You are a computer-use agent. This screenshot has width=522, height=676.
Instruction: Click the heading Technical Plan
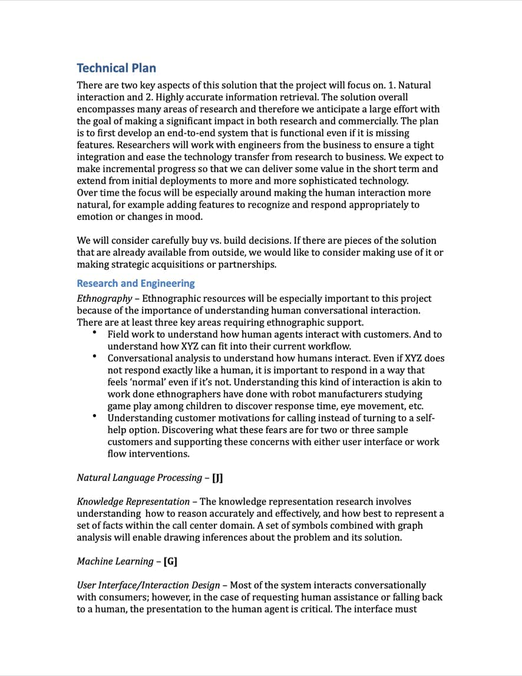[x=116, y=68]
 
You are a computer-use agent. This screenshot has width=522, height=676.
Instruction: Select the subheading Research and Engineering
[x=136, y=283]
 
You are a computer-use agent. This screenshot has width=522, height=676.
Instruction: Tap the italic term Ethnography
[x=104, y=299]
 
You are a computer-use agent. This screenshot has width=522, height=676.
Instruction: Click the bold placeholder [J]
[x=217, y=478]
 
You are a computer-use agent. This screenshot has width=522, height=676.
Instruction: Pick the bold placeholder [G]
[x=170, y=562]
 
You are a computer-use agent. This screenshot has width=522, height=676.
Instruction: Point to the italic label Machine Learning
[x=115, y=562]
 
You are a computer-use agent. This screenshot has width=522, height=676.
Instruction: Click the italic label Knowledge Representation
[x=133, y=502]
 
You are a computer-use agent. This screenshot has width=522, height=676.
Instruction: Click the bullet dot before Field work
[x=94, y=334]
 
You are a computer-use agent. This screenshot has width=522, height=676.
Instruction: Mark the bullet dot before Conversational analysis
[x=94, y=357]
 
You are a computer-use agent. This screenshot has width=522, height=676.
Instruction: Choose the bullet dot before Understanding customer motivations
[x=94, y=417]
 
